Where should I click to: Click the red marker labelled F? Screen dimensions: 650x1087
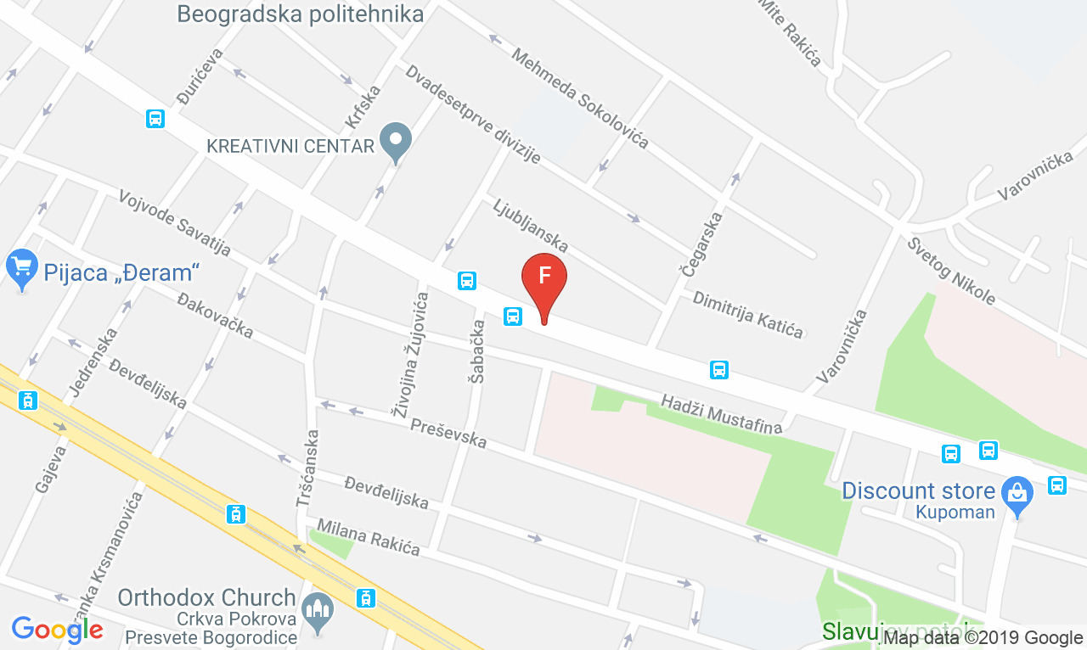point(543,278)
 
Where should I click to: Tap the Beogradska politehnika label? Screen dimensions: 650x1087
point(301,14)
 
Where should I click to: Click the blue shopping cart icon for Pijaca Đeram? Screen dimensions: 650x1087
point(21,268)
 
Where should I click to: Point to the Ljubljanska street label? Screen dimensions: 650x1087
point(530,225)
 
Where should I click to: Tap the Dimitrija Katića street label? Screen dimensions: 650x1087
point(747,314)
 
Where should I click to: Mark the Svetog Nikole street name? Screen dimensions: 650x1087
point(950,271)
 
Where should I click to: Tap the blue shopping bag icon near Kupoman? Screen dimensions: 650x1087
point(1017,492)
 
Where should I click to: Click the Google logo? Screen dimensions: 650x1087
point(57,629)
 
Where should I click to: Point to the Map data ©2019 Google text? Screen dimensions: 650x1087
point(983,637)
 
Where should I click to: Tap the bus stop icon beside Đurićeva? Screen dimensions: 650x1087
point(155,119)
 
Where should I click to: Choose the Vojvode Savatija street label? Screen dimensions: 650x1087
point(175,222)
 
